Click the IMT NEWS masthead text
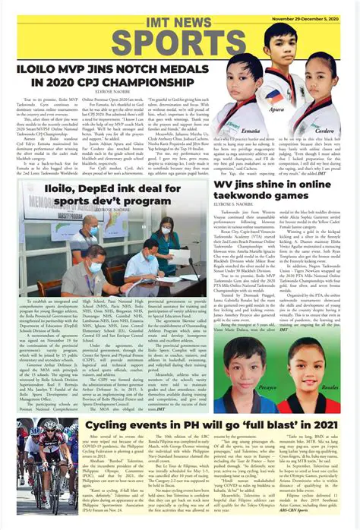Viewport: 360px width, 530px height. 180,10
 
